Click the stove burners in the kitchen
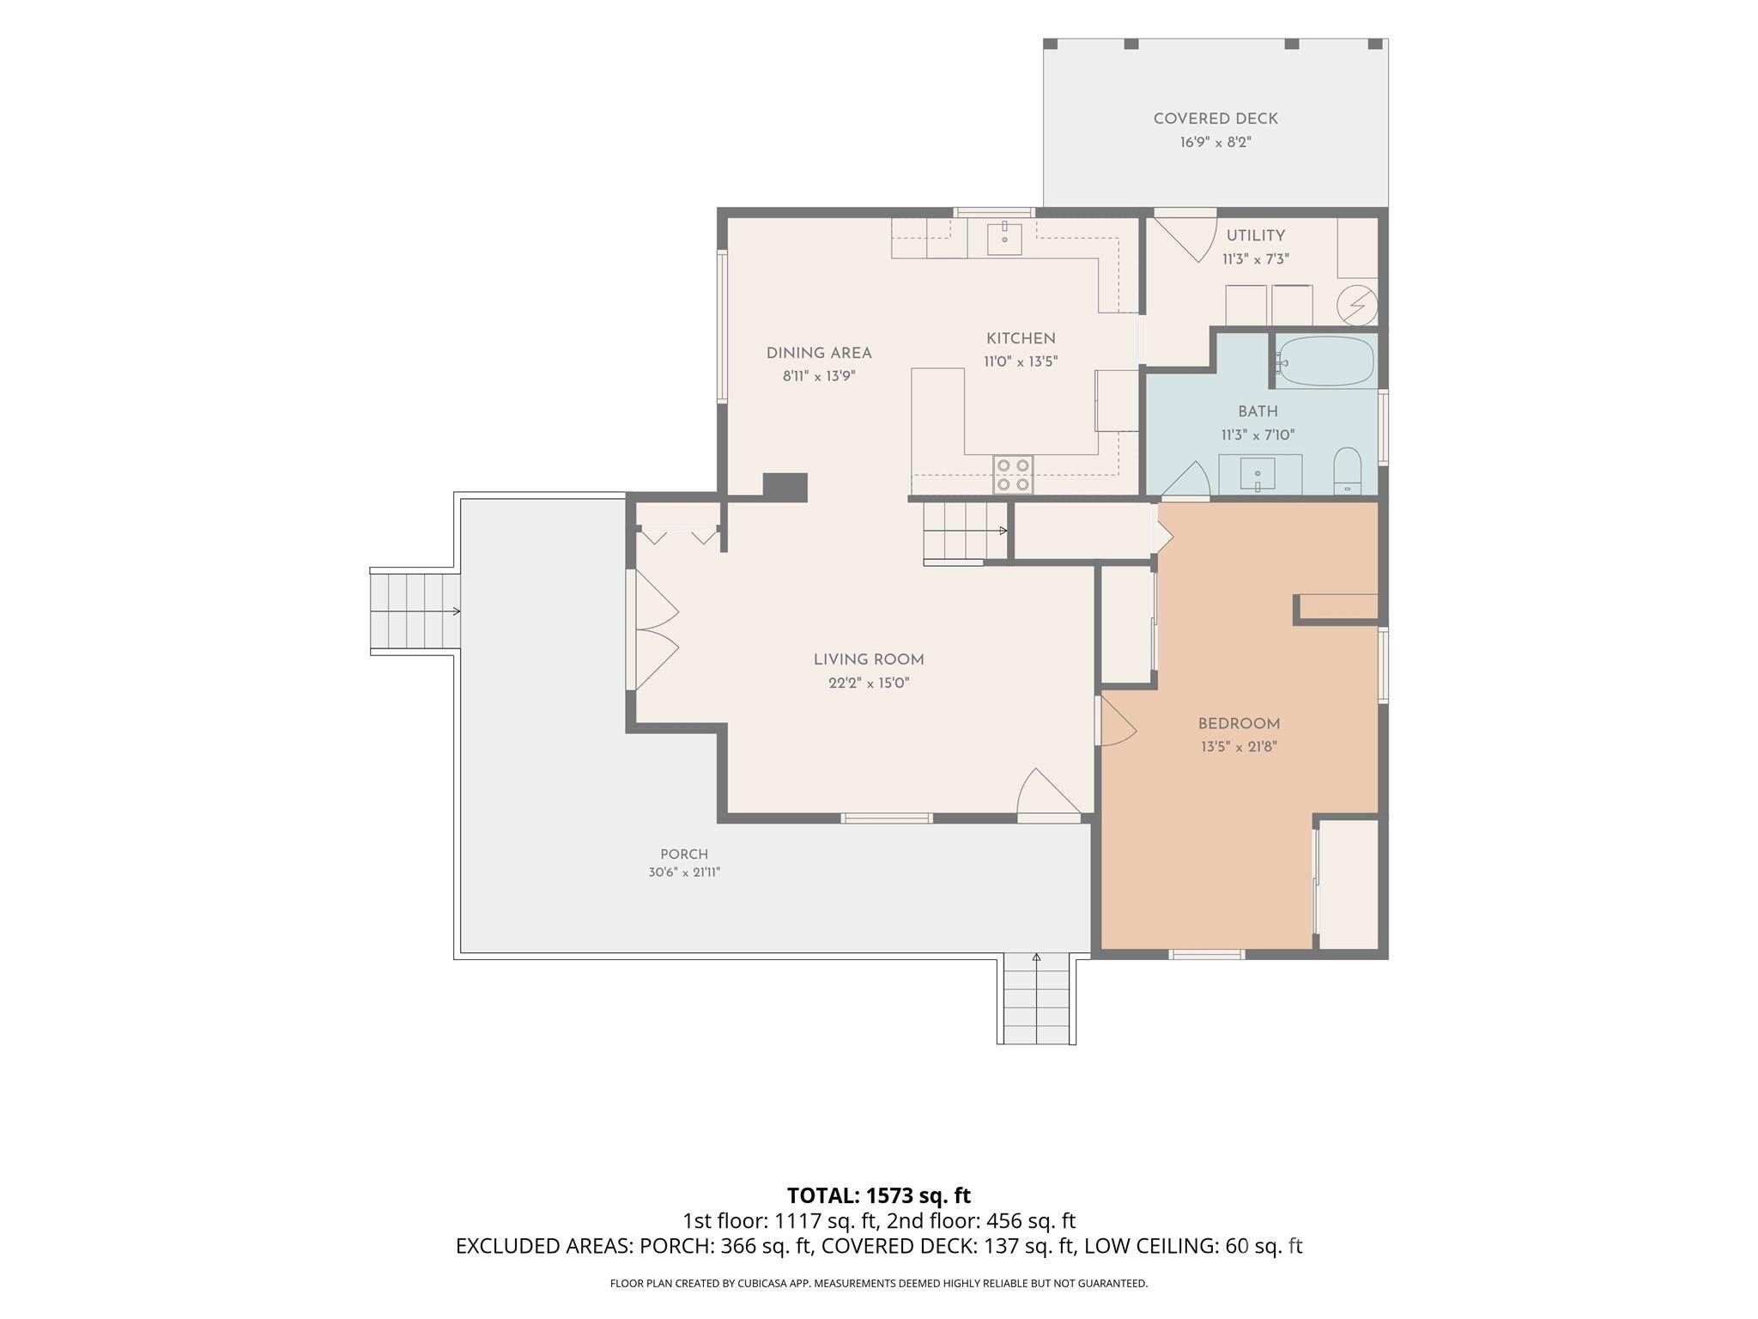pos(1013,474)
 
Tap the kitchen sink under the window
pos(1004,238)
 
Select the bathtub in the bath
pos(1326,361)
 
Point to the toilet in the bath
pos(1348,470)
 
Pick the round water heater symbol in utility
pos(1357,305)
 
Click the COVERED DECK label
pos(1215,119)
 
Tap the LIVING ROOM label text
pos(869,659)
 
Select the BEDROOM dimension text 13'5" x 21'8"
pos(1239,747)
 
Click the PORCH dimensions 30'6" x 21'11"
pos(684,872)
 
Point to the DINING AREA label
pos(819,353)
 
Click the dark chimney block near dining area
pos(785,486)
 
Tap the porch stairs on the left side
pos(415,611)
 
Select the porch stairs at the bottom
pos(1036,998)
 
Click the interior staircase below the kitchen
pos(966,532)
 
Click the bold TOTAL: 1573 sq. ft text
pos(879,1195)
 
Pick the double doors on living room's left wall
pos(656,629)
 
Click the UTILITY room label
pos(1255,235)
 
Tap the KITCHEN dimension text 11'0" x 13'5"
pos(1021,362)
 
